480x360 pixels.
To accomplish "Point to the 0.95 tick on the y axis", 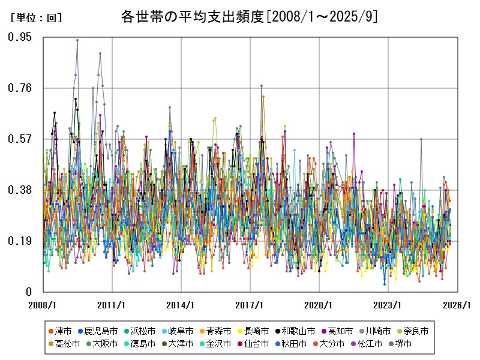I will pos(20,37).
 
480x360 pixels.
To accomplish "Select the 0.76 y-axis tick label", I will pos(20,88).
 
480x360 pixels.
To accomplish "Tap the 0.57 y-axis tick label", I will pos(20,139).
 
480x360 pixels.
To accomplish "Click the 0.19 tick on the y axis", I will pos(20,241).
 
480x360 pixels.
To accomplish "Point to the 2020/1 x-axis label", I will pos(319,305).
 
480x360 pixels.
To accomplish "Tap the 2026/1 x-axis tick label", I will pos(457,305).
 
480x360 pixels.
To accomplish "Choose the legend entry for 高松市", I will pos(63,344).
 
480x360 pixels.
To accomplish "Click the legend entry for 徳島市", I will pos(139,344).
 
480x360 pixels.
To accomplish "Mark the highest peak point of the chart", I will pos(77,40).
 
